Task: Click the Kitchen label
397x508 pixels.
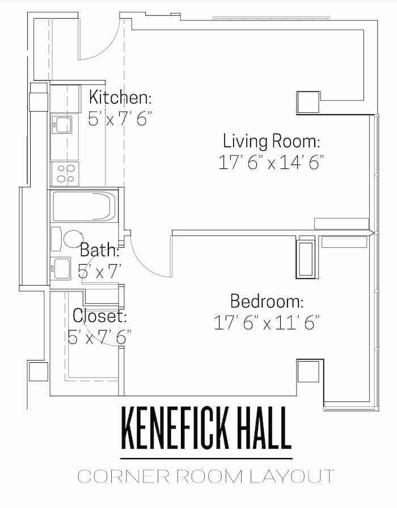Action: (x=120, y=97)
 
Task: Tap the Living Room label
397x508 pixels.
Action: (x=272, y=141)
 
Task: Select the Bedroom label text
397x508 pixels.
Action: (x=267, y=301)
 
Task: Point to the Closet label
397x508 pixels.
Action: (x=99, y=316)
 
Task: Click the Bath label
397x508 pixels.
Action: (x=100, y=250)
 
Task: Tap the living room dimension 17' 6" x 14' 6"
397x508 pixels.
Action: (x=271, y=162)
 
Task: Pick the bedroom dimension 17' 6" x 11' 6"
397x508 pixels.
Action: (x=267, y=323)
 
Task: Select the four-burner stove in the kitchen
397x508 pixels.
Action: (x=65, y=173)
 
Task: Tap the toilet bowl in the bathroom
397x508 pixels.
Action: (x=73, y=239)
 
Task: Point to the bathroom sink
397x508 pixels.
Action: (x=61, y=268)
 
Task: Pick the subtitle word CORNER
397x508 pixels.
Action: (x=124, y=476)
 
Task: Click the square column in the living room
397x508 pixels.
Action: (x=308, y=102)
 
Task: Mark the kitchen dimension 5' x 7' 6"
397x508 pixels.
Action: (x=120, y=119)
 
